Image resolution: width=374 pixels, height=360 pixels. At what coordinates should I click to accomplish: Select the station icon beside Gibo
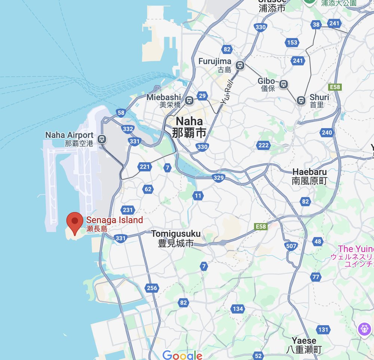click(284, 85)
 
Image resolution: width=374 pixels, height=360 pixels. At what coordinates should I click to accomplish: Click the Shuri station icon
click(301, 101)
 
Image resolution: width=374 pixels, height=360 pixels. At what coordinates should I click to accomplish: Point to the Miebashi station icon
click(190, 100)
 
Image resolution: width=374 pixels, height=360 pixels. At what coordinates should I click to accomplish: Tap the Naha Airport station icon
click(101, 139)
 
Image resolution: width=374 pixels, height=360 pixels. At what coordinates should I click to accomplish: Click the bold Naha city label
click(189, 126)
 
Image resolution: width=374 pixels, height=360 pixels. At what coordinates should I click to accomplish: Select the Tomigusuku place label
click(175, 238)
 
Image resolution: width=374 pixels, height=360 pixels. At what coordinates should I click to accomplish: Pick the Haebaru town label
click(309, 176)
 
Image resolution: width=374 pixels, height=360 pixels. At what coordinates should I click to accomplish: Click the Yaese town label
click(304, 345)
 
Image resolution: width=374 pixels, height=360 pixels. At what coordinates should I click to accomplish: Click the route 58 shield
click(120, 113)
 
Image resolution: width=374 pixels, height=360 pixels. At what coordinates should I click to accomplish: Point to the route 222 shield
click(263, 145)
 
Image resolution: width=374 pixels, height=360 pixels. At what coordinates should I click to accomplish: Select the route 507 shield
click(291, 246)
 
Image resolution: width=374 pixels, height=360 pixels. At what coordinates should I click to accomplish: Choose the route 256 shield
click(152, 288)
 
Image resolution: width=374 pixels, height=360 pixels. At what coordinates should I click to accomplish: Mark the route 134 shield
click(237, 309)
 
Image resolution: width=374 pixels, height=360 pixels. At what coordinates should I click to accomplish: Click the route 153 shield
click(292, 42)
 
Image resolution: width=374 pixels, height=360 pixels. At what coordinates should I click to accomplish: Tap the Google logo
click(182, 355)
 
